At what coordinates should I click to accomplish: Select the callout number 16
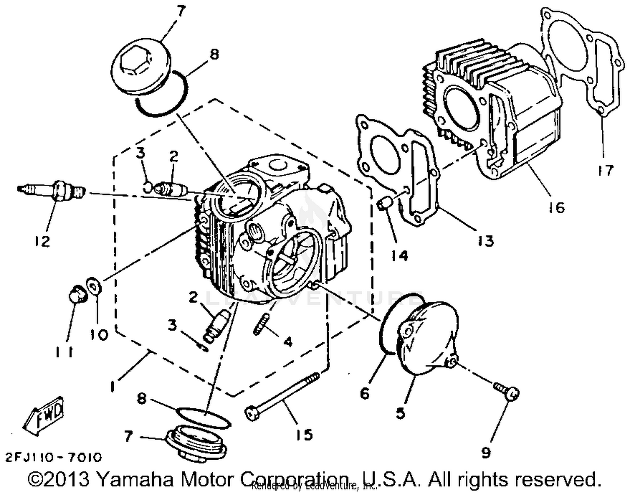pos(556,207)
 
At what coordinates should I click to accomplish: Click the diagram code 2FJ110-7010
pos(53,457)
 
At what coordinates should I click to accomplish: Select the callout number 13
pos(486,241)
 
